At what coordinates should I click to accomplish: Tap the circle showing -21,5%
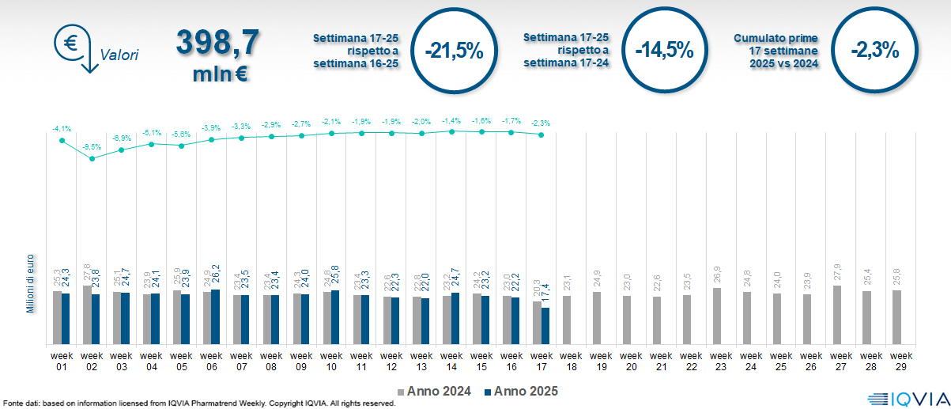pos(453,50)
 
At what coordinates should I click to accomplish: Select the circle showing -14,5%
pos(664,50)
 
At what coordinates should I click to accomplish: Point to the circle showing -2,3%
pos(875,50)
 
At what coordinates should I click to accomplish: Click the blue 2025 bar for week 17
pos(545,326)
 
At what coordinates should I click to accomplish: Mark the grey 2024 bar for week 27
pos(837,315)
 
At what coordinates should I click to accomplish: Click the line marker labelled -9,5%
pos(92,158)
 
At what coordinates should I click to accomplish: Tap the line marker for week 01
pos(62,140)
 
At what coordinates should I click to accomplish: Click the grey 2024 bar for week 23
pos(717,316)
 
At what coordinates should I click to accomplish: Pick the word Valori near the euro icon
pos(119,55)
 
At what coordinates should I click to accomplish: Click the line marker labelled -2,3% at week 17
pos(541,134)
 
